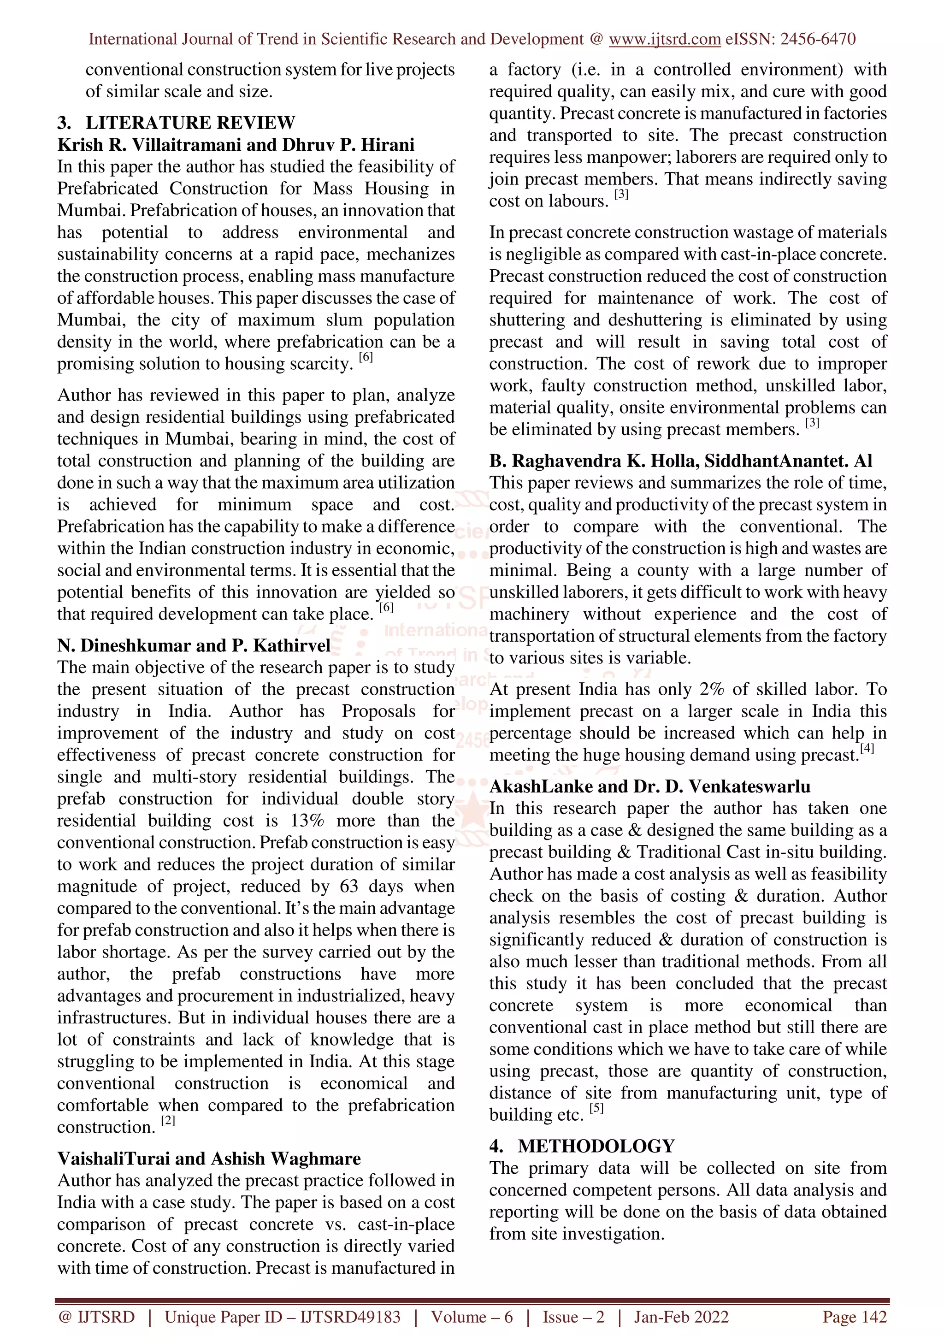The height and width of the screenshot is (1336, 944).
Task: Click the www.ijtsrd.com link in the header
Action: coord(664,39)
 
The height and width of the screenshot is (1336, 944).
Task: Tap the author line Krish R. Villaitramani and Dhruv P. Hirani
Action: coord(236,144)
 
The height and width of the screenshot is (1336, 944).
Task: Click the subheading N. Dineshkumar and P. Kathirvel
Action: coord(193,645)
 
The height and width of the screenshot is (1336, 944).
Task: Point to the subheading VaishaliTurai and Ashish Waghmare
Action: coord(209,1159)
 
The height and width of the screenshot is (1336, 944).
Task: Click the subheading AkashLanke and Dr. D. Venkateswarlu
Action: coord(649,786)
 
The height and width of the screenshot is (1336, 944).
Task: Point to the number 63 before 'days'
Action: coord(348,886)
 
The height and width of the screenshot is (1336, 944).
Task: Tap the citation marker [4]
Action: coord(867,748)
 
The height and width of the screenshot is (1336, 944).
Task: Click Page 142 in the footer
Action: coord(854,1317)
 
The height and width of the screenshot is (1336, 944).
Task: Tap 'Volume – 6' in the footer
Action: coord(472,1317)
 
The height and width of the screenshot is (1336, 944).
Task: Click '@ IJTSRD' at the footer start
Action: coord(96,1317)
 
